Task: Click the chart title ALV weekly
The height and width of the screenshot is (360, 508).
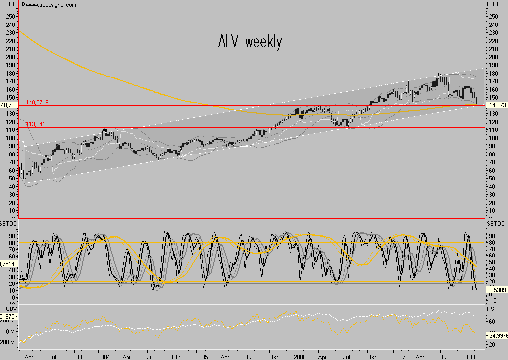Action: pos(250,42)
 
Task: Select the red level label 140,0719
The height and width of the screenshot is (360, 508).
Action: pos(37,102)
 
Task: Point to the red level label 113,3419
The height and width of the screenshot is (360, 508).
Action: pos(37,124)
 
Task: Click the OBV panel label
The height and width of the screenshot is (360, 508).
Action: pos(6,308)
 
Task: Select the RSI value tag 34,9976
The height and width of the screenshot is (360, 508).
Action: pos(497,336)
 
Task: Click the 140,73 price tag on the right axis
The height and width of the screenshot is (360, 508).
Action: pos(496,105)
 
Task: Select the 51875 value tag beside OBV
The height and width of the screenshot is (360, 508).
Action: pos(8,317)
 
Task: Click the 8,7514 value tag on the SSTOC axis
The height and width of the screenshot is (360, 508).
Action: pos(8,264)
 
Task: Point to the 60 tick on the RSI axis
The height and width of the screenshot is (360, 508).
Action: pos(491,322)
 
